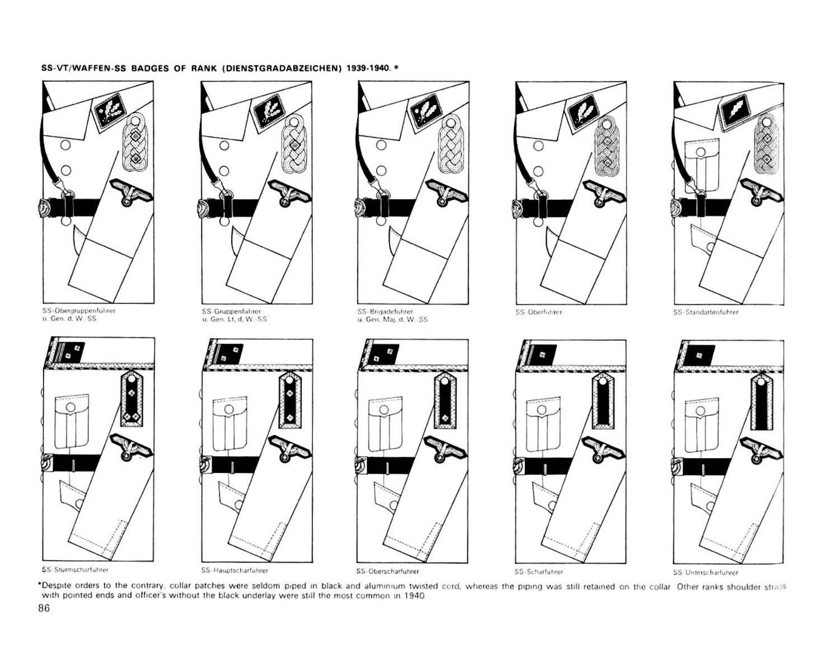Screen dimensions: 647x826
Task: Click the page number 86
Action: point(44,609)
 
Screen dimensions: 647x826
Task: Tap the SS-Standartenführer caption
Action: point(706,312)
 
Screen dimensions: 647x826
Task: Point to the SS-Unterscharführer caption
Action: point(705,573)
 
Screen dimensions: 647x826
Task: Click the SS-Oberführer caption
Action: point(538,312)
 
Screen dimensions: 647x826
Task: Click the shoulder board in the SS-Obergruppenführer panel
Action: point(135,140)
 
